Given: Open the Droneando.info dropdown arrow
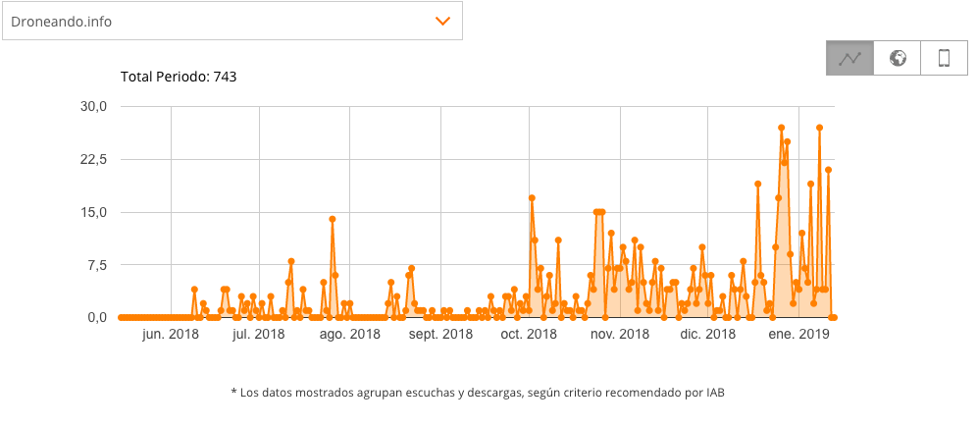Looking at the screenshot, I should [442, 21].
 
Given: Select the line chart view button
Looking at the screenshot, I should [849, 58].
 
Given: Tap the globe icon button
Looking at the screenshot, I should [897, 58].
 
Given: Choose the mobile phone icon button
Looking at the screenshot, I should [944, 58].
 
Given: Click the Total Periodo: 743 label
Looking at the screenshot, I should [178, 77].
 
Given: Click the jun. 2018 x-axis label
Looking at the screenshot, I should [171, 335].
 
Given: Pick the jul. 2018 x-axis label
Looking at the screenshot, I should [258, 335].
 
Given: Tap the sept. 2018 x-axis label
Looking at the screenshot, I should [440, 335].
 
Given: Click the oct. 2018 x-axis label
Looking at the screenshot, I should [529, 335].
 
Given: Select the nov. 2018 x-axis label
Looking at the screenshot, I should [621, 335].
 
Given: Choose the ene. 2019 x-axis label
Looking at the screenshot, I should [798, 335].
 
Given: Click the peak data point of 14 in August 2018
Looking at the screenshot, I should [333, 219].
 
